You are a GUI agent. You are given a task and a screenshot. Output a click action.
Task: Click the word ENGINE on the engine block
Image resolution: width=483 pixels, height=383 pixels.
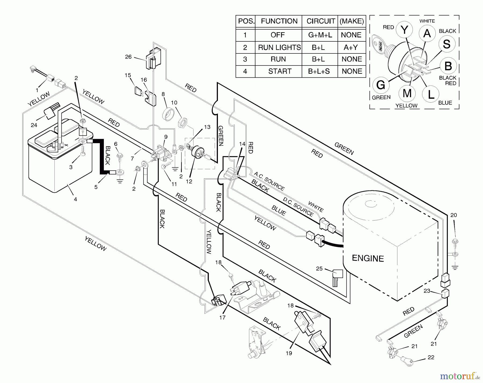368,258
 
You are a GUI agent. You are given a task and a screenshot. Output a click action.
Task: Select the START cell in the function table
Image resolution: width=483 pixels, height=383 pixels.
280,71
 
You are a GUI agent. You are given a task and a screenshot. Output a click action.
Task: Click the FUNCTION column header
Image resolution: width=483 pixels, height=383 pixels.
279,21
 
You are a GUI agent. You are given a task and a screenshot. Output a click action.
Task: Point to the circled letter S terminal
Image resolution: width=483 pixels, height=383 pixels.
447,44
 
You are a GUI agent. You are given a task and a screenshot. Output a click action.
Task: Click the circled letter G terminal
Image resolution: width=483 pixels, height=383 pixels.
381,85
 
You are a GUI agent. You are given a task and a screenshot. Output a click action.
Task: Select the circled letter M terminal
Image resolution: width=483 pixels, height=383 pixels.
407,93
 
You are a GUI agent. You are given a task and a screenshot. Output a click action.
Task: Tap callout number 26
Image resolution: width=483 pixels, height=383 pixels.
128,57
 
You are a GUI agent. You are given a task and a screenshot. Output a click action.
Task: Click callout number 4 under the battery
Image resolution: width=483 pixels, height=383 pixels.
75,199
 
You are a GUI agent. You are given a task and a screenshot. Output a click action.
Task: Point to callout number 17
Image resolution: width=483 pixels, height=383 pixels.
222,317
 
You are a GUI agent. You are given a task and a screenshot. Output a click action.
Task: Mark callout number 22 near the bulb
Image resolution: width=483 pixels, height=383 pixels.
431,357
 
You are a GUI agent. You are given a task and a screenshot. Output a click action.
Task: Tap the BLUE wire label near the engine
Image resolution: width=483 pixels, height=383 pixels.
279,211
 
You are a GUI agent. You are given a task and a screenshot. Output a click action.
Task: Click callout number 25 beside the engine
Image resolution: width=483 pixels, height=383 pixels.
319,269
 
